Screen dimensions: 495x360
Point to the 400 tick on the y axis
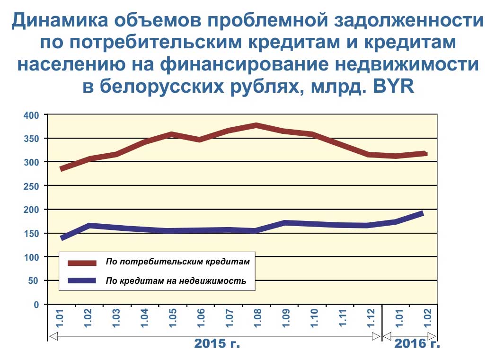point(31,115)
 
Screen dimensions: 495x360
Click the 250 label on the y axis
point(31,186)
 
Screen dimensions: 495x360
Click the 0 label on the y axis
point(36,305)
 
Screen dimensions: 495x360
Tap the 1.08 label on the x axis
point(257,318)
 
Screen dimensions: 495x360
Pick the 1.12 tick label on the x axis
point(371,318)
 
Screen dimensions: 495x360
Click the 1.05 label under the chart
point(173,318)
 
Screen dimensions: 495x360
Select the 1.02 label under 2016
point(427,318)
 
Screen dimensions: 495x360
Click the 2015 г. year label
point(217,343)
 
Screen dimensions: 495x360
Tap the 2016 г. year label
point(417,343)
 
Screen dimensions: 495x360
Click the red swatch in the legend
point(82,263)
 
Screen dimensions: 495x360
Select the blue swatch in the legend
point(82,281)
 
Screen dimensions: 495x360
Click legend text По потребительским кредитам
point(178,262)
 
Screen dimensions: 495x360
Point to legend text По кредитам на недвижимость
point(176,281)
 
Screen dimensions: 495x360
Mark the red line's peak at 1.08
point(256,125)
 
